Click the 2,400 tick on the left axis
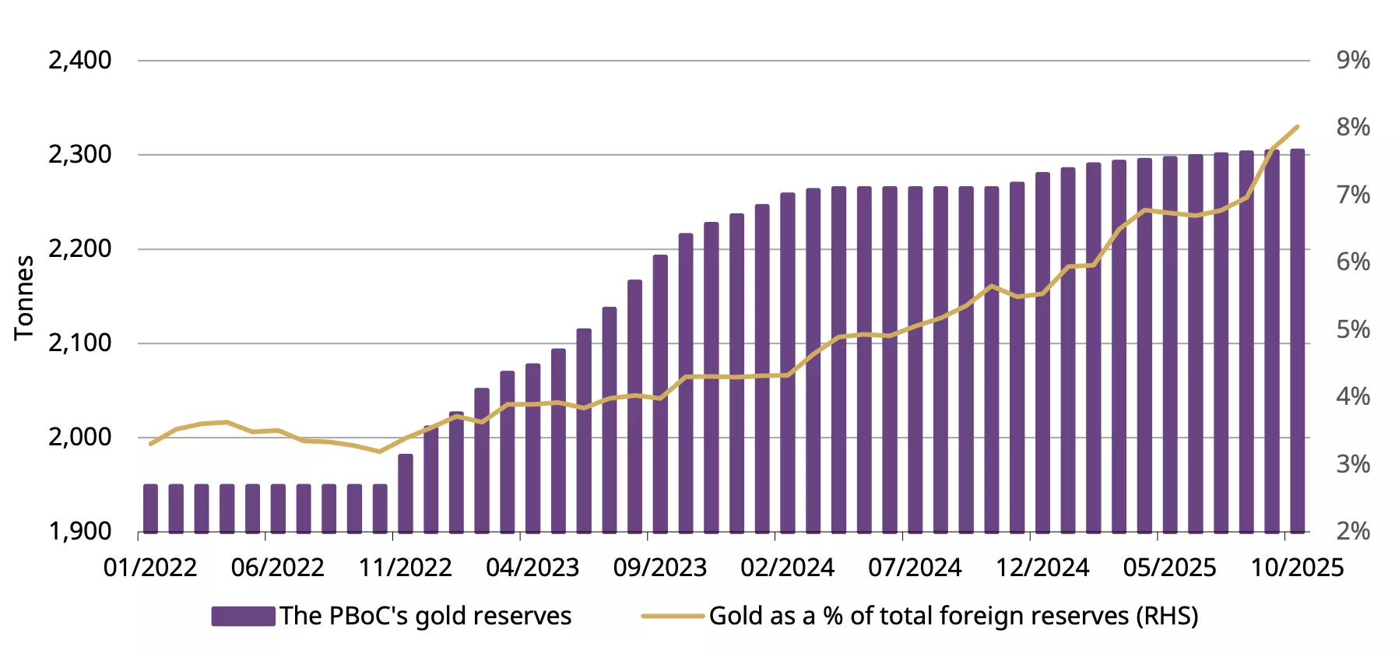[80, 60]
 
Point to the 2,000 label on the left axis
[80, 437]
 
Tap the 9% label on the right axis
[1353, 60]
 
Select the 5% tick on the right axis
[1353, 329]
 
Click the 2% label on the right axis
[1353, 531]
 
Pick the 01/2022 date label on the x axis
[150, 568]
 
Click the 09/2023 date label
[660, 568]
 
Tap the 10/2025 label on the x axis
[1297, 568]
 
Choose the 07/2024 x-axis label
[915, 568]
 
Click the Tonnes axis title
[24, 297]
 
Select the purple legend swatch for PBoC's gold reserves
[243, 616]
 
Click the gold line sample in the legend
[672, 616]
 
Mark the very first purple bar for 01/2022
[150, 508]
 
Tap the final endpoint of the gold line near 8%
[1297, 127]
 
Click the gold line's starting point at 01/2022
[150, 444]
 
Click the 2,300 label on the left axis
[80, 154]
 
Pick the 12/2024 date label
[1042, 568]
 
